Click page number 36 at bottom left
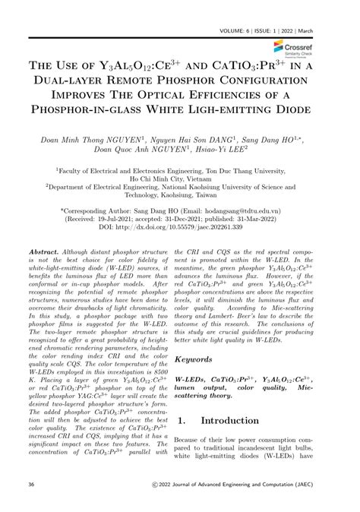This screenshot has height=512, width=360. pyautogui.click(x=30, y=504)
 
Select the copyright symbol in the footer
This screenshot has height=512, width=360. pyautogui.click(x=156, y=504)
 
